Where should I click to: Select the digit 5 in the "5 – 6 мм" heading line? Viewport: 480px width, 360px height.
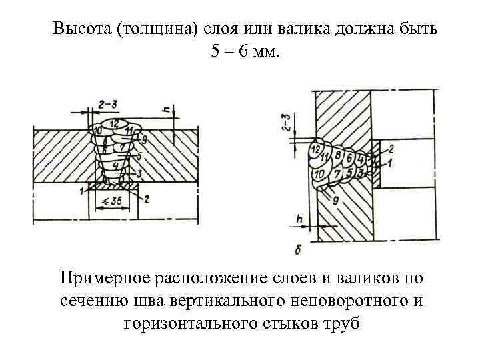point(215,52)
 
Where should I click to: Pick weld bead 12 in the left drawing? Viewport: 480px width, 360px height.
point(115,124)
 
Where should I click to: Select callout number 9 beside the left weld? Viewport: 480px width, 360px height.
point(144,140)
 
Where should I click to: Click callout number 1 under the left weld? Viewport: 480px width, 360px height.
point(81,191)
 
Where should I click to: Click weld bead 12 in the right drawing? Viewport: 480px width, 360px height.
point(315,151)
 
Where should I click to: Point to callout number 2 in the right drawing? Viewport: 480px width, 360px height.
point(391,148)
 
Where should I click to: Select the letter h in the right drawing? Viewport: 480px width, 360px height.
point(300,218)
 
